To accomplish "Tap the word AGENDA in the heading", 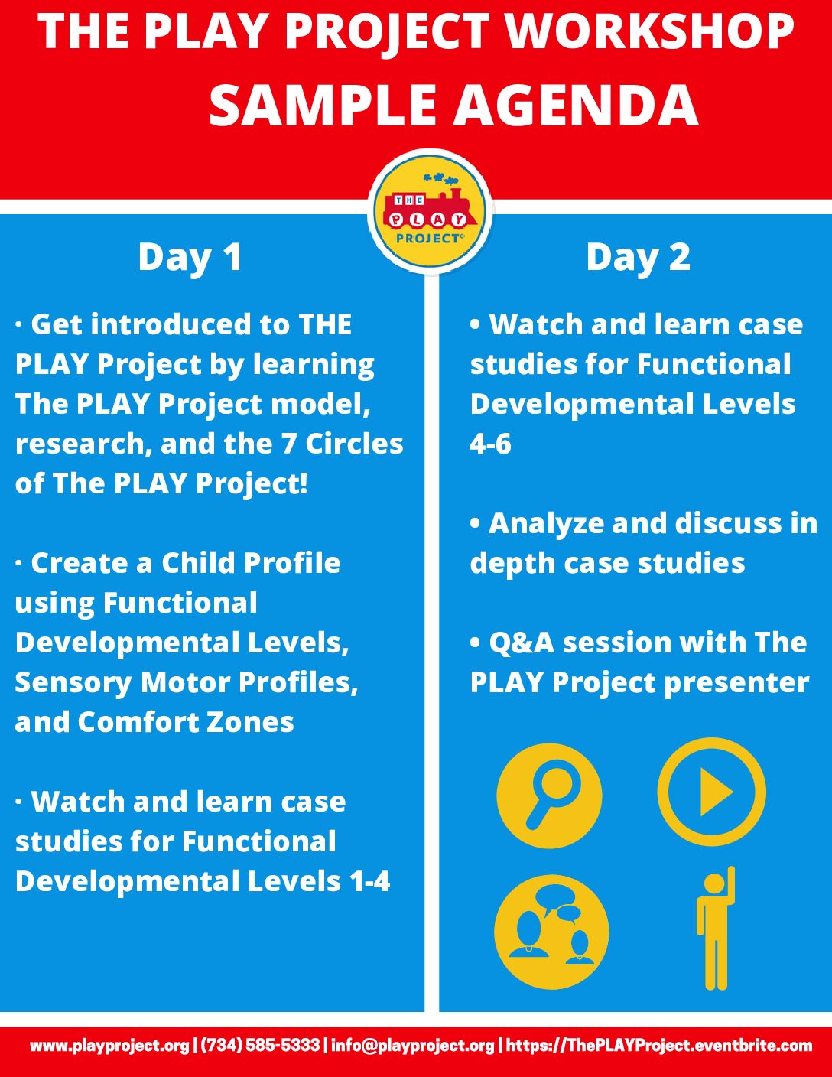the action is click(x=575, y=106).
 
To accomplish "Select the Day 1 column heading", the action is click(x=190, y=258).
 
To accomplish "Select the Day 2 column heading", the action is click(x=639, y=258).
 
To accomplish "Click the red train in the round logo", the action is click(x=430, y=209).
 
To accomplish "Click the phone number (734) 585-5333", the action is click(x=261, y=1046).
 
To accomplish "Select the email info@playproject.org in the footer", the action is click(x=413, y=1046).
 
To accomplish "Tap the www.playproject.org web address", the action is click(x=110, y=1046).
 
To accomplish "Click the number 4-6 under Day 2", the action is click(x=490, y=444).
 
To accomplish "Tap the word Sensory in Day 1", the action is click(x=73, y=684).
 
